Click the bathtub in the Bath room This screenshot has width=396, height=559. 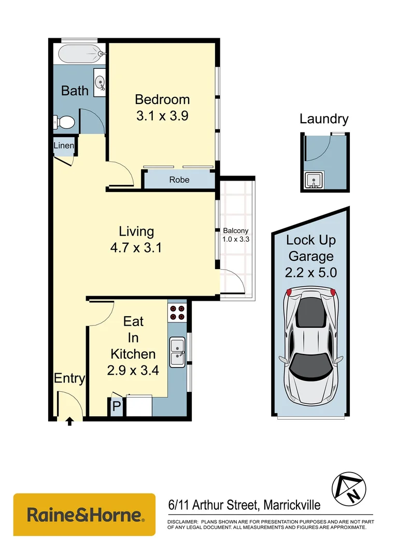click(x=79, y=53)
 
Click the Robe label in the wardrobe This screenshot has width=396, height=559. click(x=179, y=180)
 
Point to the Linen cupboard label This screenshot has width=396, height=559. click(x=64, y=146)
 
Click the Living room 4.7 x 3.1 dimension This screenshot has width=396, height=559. click(x=136, y=248)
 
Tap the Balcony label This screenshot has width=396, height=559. click(x=236, y=231)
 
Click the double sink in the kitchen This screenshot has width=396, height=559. click(x=177, y=352)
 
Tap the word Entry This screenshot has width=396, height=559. click(x=69, y=378)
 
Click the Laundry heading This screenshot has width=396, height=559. click(x=324, y=119)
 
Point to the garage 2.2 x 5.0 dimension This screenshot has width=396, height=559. click(x=311, y=272)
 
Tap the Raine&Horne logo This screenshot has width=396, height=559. click(x=84, y=514)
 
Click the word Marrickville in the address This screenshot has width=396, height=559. click(x=292, y=505)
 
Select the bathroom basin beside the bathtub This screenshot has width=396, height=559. click(x=100, y=81)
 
